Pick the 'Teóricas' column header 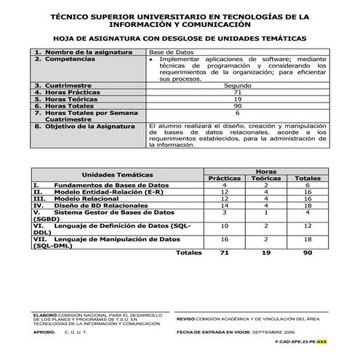click(265, 178)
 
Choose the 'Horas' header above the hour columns click(265, 171)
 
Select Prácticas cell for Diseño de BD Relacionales click(224, 206)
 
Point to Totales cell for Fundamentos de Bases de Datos click(308, 185)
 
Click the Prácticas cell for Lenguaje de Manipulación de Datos click(224, 239)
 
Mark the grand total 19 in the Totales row click(265, 253)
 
